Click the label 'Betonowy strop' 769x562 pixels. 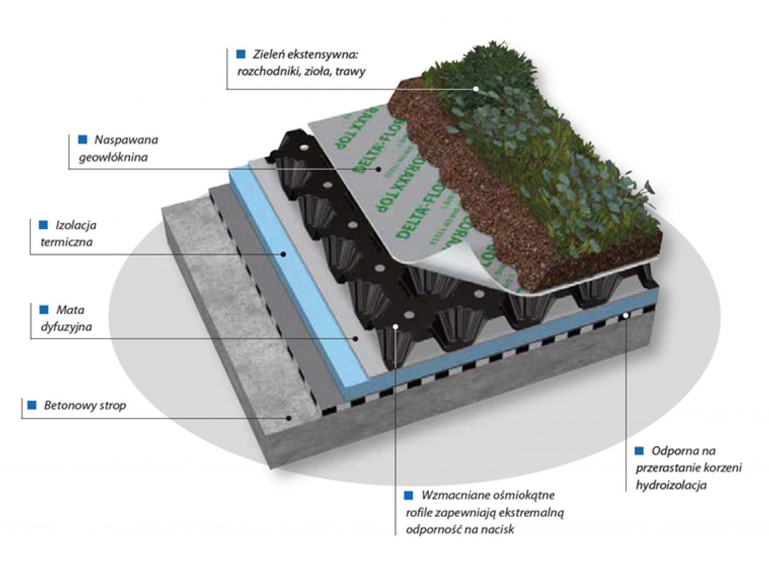(x=84, y=406)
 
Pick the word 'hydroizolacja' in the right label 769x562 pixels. (x=671, y=485)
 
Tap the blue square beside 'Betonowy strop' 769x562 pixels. (x=31, y=406)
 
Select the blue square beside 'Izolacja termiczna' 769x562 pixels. (x=44, y=225)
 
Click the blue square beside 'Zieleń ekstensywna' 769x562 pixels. (x=240, y=54)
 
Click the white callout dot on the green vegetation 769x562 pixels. (x=476, y=88)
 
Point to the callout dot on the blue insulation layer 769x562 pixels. (x=285, y=255)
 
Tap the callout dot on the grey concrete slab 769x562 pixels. (x=290, y=417)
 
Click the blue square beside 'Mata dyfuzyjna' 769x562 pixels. (x=44, y=309)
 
